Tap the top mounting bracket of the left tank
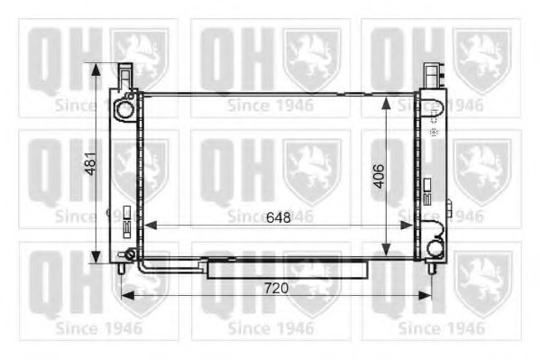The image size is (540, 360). click(126, 74)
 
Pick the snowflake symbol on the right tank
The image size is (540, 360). click(434, 132)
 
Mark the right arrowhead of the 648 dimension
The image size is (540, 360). click(410, 224)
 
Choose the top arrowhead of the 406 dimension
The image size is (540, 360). click(387, 94)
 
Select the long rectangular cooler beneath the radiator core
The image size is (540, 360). click(287, 269)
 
